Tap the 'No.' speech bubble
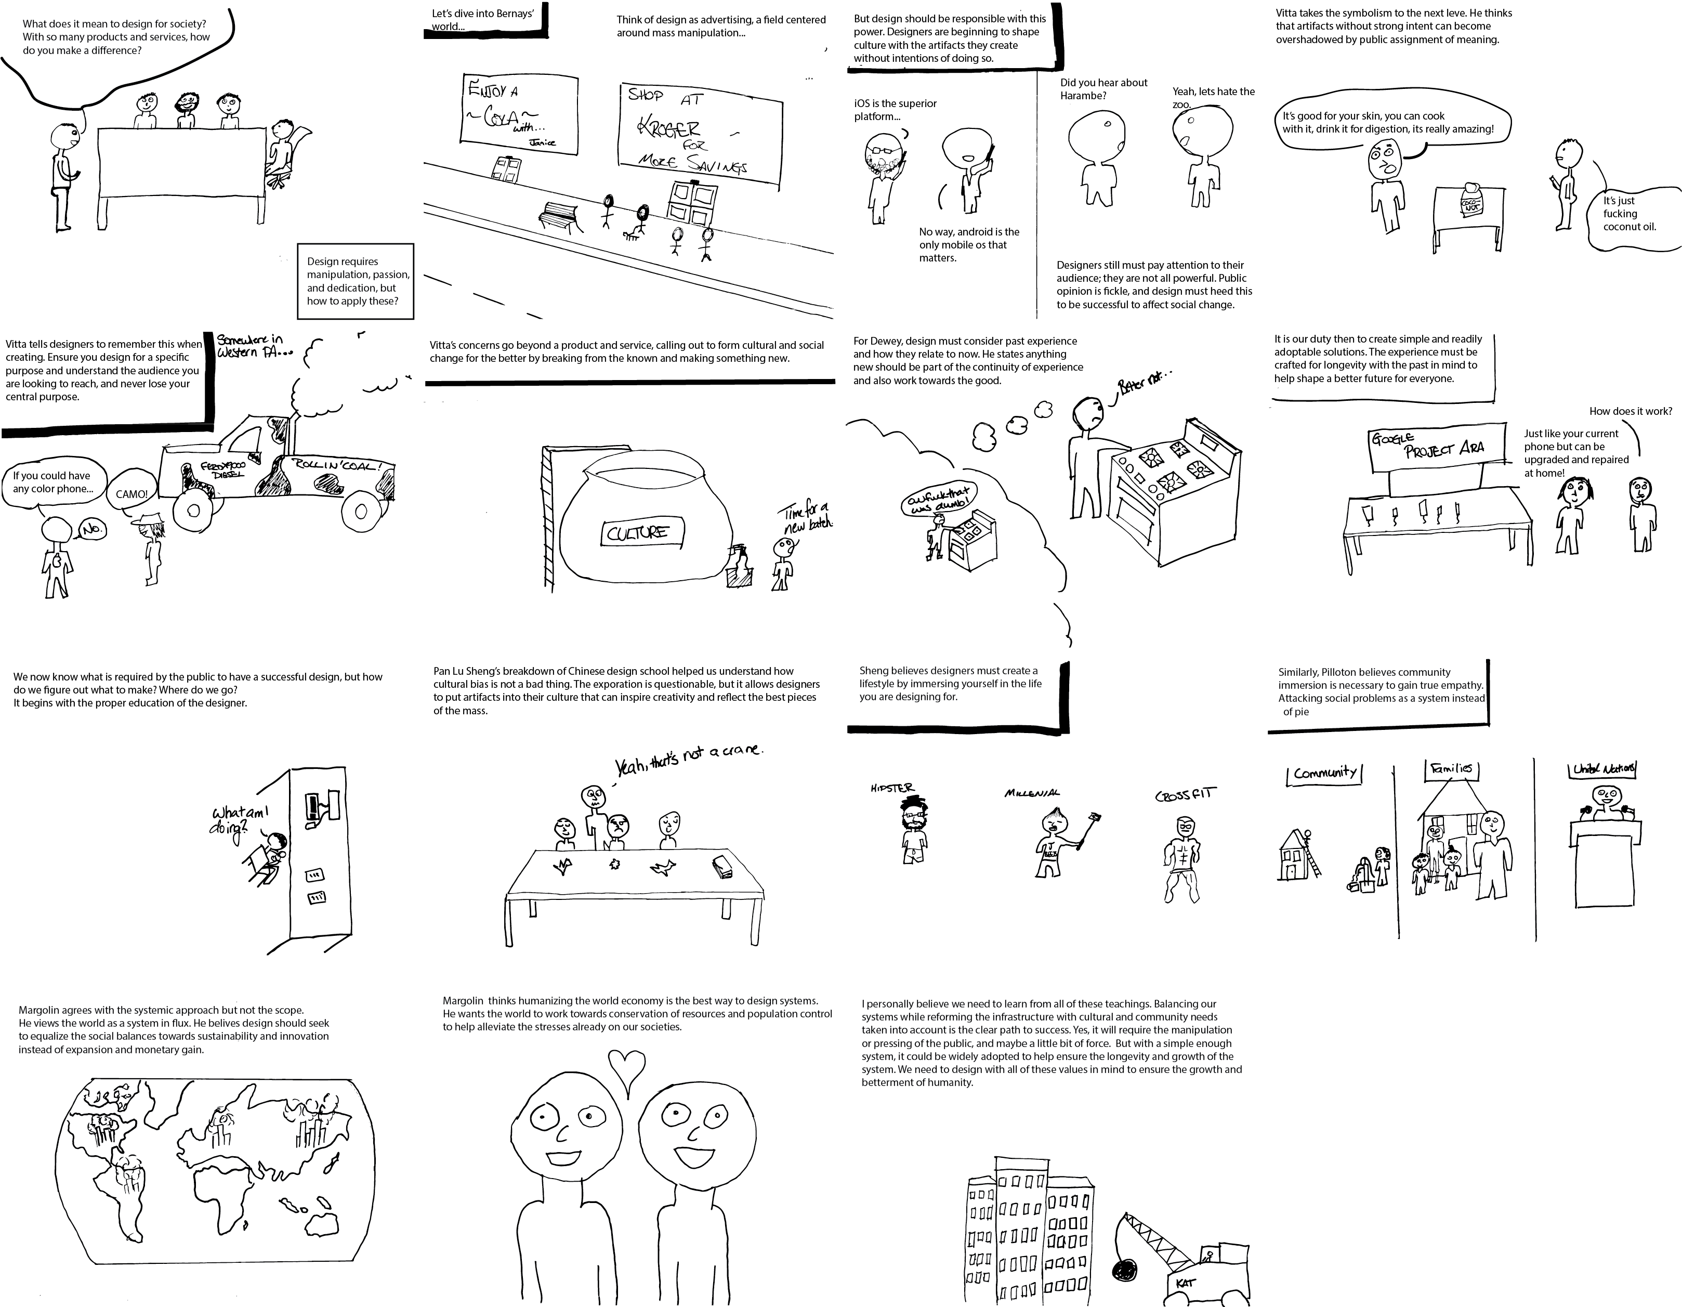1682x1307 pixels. (x=93, y=530)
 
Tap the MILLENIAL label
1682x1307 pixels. (x=1031, y=792)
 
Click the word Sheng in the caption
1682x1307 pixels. (x=873, y=671)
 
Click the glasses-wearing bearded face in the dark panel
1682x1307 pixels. (x=883, y=155)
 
